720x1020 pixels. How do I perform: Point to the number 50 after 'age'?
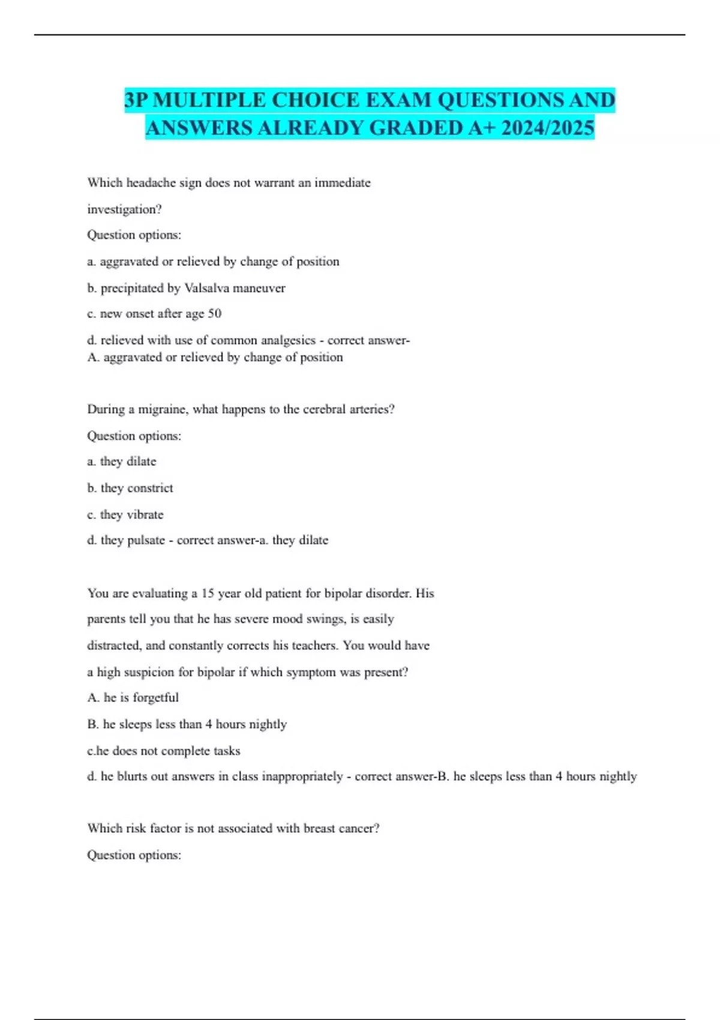(x=214, y=313)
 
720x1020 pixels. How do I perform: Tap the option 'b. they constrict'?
(x=130, y=488)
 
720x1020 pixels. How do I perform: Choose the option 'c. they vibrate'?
(x=125, y=514)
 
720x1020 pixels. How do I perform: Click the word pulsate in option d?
(x=146, y=540)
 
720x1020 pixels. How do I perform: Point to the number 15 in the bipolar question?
(x=208, y=593)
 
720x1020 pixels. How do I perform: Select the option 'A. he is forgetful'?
(x=133, y=697)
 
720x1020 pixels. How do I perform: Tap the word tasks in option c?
(x=227, y=751)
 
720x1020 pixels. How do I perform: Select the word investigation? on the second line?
(x=124, y=209)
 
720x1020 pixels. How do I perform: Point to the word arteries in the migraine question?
(x=370, y=409)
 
